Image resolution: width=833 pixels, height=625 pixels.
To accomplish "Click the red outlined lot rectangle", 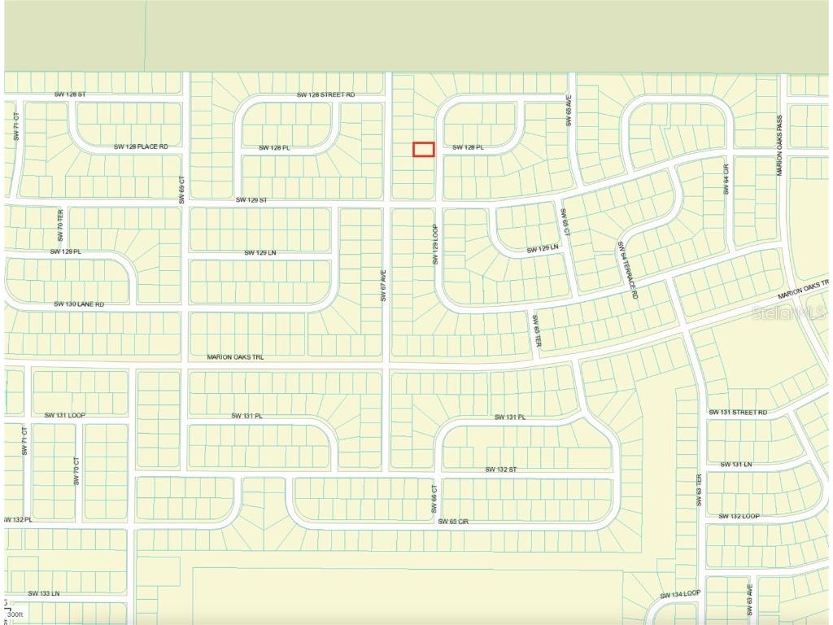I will pyautogui.click(x=424, y=149).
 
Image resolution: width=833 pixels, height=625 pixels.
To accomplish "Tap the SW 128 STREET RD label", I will pyautogui.click(x=325, y=95).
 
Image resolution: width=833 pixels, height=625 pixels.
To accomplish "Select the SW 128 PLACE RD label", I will pyautogui.click(x=141, y=146).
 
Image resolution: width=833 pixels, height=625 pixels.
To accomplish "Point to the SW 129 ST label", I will pyautogui.click(x=251, y=199).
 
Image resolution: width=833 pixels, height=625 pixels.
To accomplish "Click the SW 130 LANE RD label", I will pyautogui.click(x=79, y=304).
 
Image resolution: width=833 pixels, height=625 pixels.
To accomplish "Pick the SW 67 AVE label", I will pyautogui.click(x=383, y=286).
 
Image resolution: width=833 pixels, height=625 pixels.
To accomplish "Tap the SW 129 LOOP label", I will pyautogui.click(x=435, y=245).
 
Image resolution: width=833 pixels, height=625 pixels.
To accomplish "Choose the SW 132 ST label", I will pyautogui.click(x=501, y=470).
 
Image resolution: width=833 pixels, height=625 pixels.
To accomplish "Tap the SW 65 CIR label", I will pyautogui.click(x=454, y=521).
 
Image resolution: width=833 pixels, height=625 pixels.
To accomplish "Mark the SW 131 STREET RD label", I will pyautogui.click(x=738, y=413).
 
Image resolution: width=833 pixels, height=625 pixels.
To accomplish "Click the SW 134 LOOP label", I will pyautogui.click(x=681, y=594).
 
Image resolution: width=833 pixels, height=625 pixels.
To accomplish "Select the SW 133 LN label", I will pyautogui.click(x=44, y=593).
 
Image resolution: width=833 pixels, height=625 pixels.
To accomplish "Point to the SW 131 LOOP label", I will pyautogui.click(x=65, y=415).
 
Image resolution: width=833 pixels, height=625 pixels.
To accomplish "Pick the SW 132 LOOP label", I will pyautogui.click(x=739, y=516).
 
